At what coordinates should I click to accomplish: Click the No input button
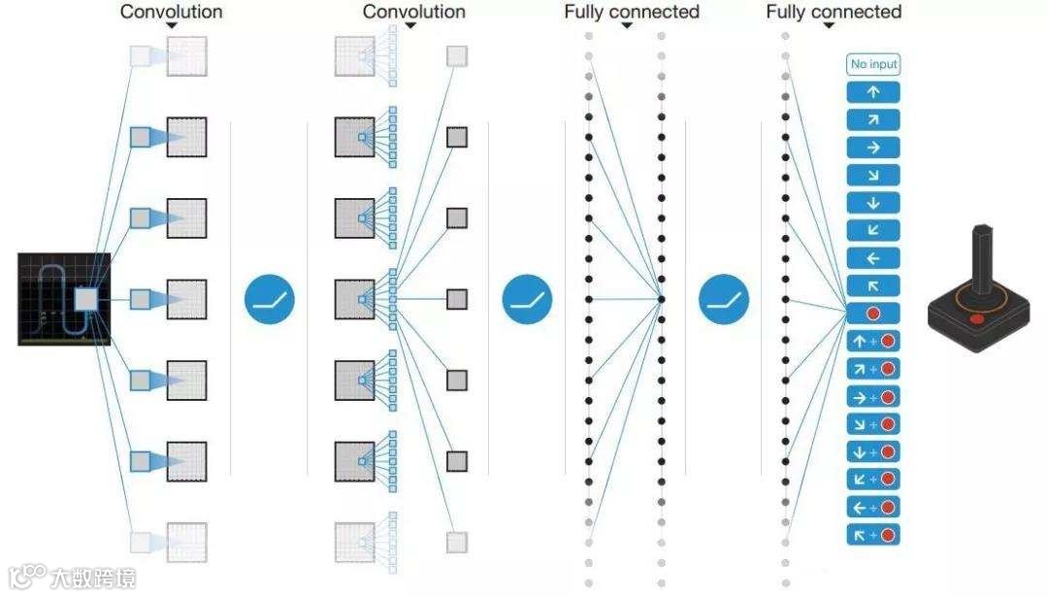tap(873, 65)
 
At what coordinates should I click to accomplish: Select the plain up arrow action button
tap(873, 92)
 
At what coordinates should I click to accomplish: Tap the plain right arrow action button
tap(873, 148)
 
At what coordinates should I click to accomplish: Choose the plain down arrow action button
tap(873, 203)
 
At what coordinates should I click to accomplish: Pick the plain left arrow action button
tap(873, 258)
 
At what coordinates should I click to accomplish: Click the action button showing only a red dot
tap(873, 314)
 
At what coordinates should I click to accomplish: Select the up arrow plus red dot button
tap(873, 342)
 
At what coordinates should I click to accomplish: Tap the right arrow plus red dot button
tap(873, 397)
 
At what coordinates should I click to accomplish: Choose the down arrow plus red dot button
tap(873, 452)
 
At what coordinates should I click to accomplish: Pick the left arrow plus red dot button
tap(873, 507)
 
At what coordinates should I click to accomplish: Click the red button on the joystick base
tap(977, 317)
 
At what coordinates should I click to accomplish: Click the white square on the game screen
tap(86, 299)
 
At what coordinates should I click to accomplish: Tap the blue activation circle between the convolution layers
tap(269, 299)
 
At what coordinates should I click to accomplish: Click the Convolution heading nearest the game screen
tap(171, 12)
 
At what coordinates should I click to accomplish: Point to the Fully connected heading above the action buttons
tap(834, 12)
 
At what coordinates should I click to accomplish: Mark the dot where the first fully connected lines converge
tap(661, 299)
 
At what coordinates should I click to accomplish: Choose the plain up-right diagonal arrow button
tap(873, 120)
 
